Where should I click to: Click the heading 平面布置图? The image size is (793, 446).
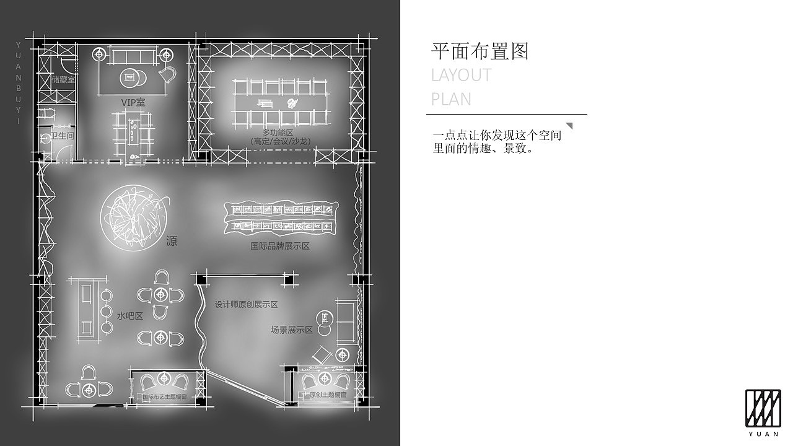[x=480, y=51]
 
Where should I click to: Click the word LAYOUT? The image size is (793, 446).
[x=461, y=76]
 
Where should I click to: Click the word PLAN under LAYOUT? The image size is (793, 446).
[x=451, y=99]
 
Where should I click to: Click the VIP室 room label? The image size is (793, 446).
[x=133, y=102]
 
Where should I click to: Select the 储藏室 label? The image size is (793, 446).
[x=63, y=80]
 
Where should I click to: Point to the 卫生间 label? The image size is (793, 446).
[x=62, y=135]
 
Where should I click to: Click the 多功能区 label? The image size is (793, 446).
[x=277, y=133]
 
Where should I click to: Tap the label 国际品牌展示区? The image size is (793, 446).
[x=279, y=246]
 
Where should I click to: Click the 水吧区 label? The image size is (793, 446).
[x=129, y=316]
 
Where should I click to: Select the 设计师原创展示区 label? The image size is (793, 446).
[x=246, y=304]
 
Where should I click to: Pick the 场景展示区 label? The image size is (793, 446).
[x=291, y=330]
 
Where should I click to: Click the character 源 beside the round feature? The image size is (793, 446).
[x=172, y=242]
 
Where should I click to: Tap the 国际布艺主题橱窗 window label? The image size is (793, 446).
[x=165, y=397]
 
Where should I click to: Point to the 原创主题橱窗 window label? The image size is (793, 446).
[x=328, y=395]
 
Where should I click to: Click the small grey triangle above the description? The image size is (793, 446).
[x=569, y=126]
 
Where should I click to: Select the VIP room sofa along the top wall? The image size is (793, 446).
[x=132, y=56]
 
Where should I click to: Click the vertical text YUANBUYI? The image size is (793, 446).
[x=18, y=83]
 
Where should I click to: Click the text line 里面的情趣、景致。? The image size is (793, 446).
[x=483, y=149]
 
